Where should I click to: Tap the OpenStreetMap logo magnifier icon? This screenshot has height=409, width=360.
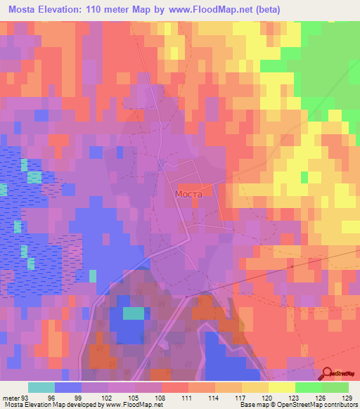[x=328, y=374]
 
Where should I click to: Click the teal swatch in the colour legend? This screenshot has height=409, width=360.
[x=42, y=387]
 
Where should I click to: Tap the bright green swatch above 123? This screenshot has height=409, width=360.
[x=308, y=387]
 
